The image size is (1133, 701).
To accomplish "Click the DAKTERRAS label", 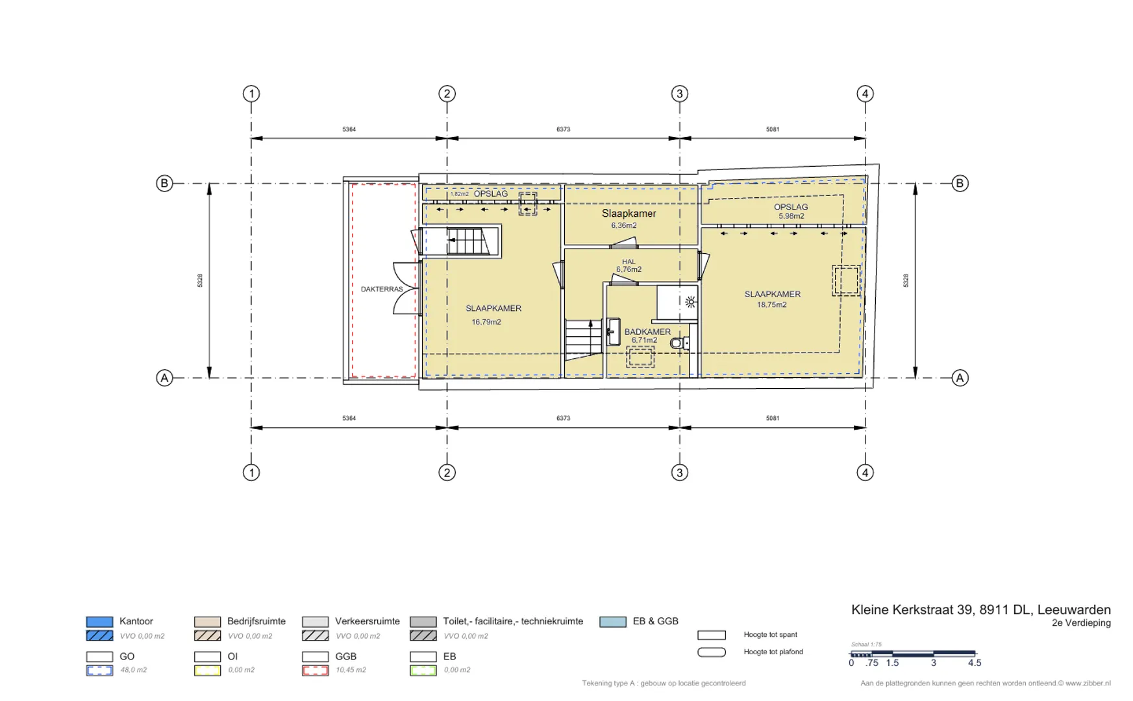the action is click(x=382, y=289).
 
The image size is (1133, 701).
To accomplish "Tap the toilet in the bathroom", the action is click(x=679, y=343).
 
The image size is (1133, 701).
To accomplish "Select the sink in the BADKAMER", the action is click(x=614, y=332).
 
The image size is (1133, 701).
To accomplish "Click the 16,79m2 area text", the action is click(x=486, y=322).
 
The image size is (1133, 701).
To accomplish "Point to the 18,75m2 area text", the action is click(x=771, y=304).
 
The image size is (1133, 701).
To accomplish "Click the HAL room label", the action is click(x=629, y=262).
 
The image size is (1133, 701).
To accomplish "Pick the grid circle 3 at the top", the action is click(x=679, y=93).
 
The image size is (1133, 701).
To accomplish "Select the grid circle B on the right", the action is click(x=960, y=183).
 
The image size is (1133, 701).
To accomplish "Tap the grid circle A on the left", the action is click(x=164, y=378).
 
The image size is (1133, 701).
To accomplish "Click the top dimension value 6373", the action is click(x=563, y=129).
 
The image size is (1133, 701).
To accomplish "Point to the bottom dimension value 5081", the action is click(x=772, y=418).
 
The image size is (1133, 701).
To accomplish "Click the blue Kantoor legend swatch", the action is click(x=99, y=622).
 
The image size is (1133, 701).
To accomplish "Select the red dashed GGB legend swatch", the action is click(x=315, y=670).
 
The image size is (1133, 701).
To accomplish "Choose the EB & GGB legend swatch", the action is click(x=613, y=622).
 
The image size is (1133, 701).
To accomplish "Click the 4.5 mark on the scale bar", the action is click(x=975, y=663).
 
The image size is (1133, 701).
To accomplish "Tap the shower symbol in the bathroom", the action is click(x=690, y=302).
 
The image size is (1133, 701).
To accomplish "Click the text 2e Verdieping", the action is click(x=1081, y=623).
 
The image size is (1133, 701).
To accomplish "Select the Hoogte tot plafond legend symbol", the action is click(x=712, y=652).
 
